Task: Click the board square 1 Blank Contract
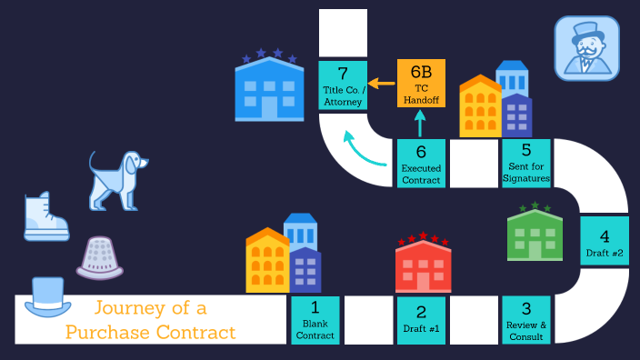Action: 315,320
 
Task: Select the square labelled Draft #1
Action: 421,320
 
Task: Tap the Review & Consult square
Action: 526,320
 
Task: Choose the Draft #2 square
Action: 605,240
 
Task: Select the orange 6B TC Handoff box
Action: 421,83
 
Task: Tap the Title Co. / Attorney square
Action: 343,85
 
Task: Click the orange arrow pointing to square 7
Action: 382,84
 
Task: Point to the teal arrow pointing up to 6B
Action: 420,124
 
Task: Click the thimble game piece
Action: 99,256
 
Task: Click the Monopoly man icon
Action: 586,48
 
